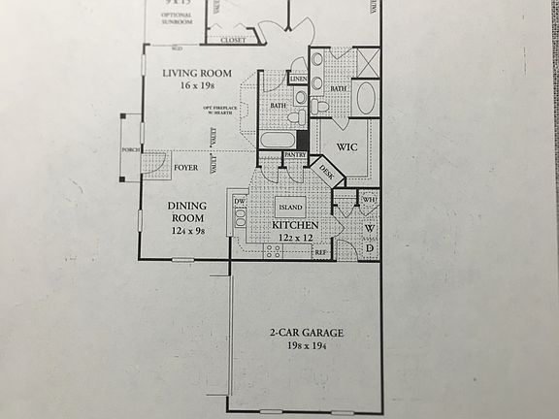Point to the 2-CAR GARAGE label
(x=307, y=334)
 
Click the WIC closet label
(x=348, y=147)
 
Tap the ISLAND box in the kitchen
(x=290, y=207)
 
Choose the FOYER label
(x=186, y=167)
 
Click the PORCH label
(x=131, y=150)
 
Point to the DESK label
(x=325, y=171)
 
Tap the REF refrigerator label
(x=320, y=252)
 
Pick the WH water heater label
(x=369, y=200)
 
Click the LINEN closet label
(x=298, y=79)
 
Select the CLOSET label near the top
(x=233, y=42)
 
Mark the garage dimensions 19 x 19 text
(x=307, y=346)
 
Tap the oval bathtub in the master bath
(x=367, y=97)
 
